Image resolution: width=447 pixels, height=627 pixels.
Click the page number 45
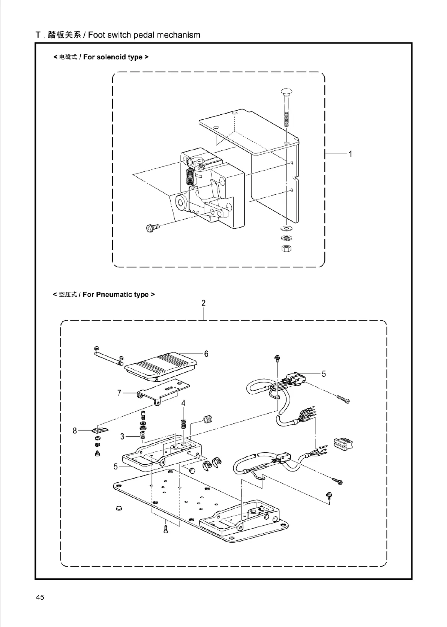(40, 597)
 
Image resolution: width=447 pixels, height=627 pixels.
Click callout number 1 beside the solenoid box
(350, 154)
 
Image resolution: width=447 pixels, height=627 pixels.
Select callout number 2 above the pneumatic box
(203, 303)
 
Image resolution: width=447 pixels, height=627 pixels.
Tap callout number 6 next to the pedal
(206, 354)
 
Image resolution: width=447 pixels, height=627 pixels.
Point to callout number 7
(119, 393)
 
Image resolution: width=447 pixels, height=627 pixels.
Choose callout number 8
(75, 430)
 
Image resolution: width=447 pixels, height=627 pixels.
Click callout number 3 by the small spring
(122, 436)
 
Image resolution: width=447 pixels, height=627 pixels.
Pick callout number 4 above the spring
(183, 403)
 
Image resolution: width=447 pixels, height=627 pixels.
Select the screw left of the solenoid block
(153, 227)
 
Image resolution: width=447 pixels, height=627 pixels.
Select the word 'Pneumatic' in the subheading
(115, 294)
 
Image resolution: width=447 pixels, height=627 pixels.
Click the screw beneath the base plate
(166, 529)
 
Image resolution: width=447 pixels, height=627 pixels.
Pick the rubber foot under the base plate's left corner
(119, 508)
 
